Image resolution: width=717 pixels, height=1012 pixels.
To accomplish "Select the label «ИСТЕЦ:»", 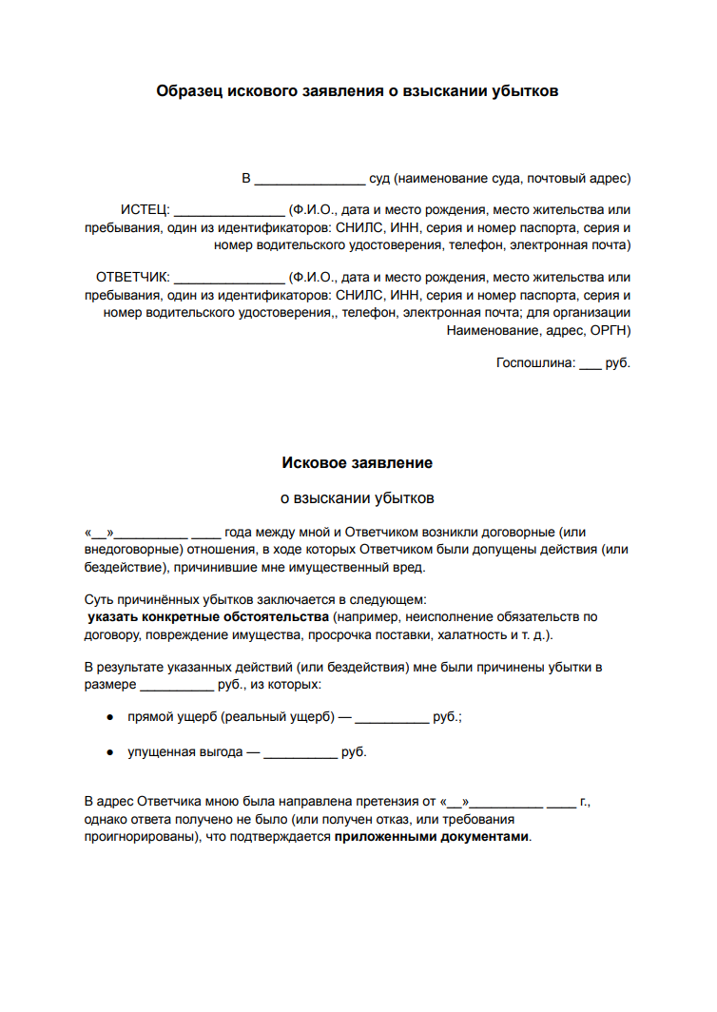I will tap(144, 209).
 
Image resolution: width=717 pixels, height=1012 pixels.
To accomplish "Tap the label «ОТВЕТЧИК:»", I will tap(132, 278).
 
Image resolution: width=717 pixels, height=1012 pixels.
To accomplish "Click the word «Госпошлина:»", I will tap(535, 363).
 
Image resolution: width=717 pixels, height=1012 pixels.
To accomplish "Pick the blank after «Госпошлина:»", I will tap(590, 365).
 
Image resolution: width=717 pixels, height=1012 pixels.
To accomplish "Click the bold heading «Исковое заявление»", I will tap(358, 463).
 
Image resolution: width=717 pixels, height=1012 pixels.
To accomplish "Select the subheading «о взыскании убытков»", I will tap(358, 497).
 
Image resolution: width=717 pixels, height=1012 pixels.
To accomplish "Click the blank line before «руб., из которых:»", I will tap(176, 686).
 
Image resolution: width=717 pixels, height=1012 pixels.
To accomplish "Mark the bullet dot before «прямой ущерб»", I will tap(111, 718).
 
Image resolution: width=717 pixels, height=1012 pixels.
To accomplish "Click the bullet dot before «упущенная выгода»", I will tap(111, 752).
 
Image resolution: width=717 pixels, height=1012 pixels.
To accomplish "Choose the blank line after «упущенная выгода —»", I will tap(300, 754).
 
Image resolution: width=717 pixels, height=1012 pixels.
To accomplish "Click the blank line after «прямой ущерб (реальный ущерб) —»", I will tap(392, 720).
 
